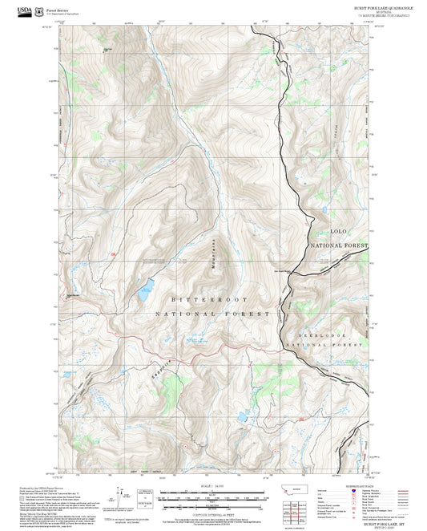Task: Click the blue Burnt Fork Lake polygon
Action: coord(145,290)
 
